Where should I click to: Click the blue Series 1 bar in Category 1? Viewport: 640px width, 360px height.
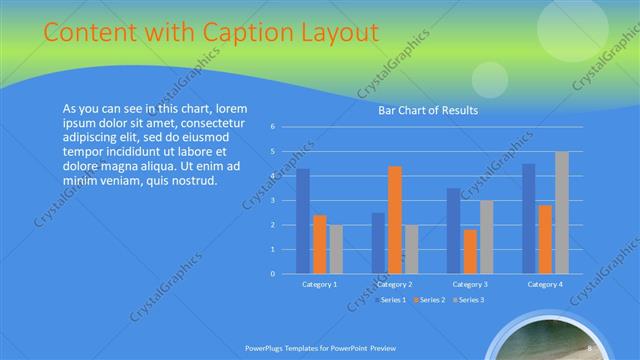point(303,221)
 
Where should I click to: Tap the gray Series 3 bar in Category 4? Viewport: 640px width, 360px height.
point(561,213)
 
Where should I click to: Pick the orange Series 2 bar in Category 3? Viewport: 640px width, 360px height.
point(469,251)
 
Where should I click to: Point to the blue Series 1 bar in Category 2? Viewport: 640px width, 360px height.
point(378,243)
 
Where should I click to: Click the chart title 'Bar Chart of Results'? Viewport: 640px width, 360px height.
point(427,111)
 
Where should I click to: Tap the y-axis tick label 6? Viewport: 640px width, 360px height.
point(273,127)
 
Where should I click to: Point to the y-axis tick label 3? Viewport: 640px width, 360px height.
point(273,200)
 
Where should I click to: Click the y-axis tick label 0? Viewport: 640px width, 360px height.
point(273,273)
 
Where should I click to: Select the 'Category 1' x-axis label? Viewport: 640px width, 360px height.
point(319,285)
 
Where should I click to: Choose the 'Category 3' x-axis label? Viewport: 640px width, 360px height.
point(469,285)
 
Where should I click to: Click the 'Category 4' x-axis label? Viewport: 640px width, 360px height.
point(544,285)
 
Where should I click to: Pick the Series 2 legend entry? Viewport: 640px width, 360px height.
point(431,299)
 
